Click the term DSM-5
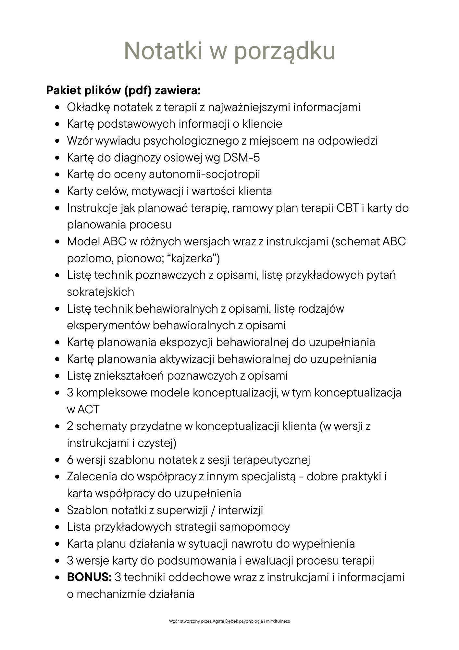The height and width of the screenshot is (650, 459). pos(242,158)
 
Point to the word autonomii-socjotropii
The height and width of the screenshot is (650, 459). pos(204,175)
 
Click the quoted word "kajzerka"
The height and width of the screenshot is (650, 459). pos(193,259)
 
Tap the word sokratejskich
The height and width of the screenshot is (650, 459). pos(101,292)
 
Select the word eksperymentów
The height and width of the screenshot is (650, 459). pos(108,326)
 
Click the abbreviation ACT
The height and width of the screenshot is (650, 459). pos(88,409)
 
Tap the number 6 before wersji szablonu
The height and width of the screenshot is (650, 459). pos(70,460)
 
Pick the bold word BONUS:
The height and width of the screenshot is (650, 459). pos(89,577)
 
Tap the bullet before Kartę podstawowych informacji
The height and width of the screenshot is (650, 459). pos(57,124)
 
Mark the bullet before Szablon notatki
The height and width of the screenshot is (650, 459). pos(57,510)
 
